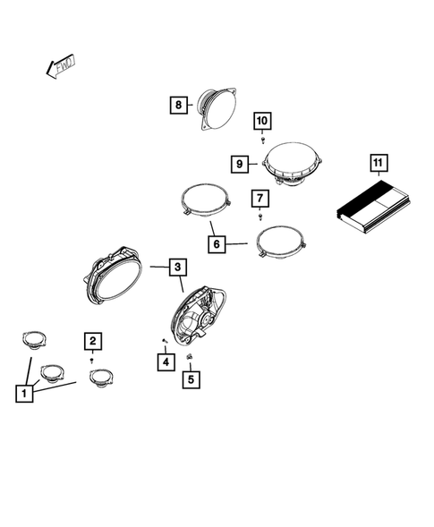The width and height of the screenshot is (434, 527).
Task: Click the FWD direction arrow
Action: (x=61, y=66)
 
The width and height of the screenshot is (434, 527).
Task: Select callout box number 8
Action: (x=178, y=105)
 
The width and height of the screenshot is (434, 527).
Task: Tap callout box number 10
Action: (x=262, y=121)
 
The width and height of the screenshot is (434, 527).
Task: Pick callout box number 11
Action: (x=379, y=163)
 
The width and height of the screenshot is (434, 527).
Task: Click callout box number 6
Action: (x=217, y=243)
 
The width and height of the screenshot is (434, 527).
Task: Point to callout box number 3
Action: (x=178, y=267)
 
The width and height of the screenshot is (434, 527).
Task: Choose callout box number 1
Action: (x=24, y=393)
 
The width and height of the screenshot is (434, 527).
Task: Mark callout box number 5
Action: (x=191, y=379)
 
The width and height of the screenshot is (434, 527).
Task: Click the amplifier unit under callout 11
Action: (x=374, y=207)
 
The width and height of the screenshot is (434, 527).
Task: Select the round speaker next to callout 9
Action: (x=293, y=164)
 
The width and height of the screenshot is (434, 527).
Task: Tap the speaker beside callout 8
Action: (x=217, y=109)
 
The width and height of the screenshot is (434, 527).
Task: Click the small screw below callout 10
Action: (x=263, y=140)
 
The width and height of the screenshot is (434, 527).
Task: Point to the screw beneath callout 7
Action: (x=260, y=217)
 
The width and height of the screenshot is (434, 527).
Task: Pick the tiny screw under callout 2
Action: (x=92, y=361)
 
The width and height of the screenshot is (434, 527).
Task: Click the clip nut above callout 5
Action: (x=190, y=356)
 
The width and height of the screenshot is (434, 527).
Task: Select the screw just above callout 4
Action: (x=165, y=341)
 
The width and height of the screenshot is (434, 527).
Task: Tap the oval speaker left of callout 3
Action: (x=113, y=276)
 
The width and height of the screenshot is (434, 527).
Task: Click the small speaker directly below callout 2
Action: (x=101, y=378)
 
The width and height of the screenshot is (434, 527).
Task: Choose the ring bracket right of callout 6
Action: (x=281, y=241)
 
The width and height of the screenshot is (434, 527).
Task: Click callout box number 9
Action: (x=240, y=164)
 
